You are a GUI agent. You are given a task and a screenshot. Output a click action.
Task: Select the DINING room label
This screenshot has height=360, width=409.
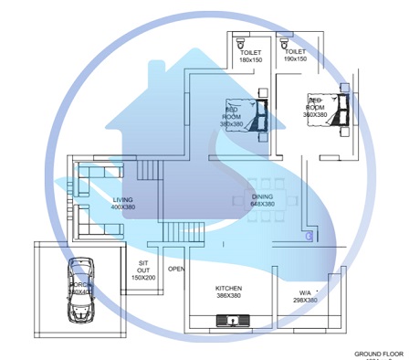point(262,196)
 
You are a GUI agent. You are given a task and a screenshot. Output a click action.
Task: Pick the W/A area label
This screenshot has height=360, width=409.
point(304,292)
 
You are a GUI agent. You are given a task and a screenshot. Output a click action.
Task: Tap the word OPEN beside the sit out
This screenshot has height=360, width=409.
point(177,270)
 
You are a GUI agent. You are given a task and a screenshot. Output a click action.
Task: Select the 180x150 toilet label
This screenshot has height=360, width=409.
point(250,60)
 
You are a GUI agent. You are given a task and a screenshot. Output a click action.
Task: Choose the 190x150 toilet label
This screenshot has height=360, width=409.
point(296,60)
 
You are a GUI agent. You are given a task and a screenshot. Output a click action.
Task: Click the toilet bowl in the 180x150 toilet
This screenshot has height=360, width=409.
point(240,43)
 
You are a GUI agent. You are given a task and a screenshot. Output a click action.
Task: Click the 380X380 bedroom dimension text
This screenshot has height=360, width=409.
point(230,124)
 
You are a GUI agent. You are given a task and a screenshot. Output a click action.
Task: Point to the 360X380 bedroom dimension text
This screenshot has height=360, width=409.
point(316,114)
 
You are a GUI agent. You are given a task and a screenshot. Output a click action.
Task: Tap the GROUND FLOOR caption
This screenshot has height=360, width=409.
point(379,352)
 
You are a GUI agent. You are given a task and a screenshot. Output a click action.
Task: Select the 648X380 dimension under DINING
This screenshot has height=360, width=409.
point(262,204)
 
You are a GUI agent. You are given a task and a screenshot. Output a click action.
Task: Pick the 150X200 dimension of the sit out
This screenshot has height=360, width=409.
point(143,277)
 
